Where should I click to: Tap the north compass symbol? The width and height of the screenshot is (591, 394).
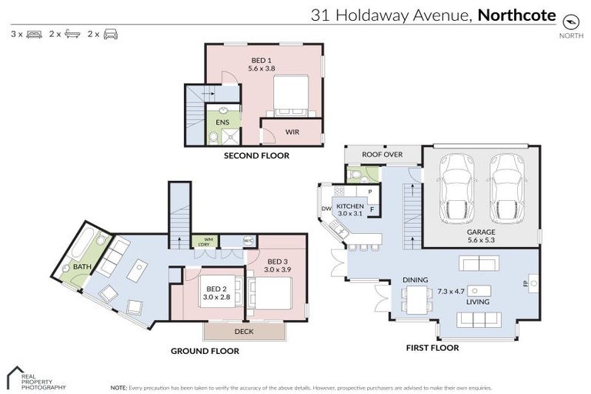570,21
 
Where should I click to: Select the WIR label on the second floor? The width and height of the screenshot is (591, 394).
292,132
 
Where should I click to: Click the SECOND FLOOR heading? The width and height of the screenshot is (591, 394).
256,155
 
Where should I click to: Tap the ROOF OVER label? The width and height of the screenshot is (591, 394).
382,155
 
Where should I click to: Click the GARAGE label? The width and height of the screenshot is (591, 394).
480,232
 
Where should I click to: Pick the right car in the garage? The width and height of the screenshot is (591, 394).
506,187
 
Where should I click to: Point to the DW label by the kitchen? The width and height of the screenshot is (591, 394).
326,208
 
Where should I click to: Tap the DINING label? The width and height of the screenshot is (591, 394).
415,280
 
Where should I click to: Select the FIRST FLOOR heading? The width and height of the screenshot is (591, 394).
432,348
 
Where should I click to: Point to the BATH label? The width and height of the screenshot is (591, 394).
82,267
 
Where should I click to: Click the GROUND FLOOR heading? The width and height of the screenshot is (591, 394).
205,351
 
